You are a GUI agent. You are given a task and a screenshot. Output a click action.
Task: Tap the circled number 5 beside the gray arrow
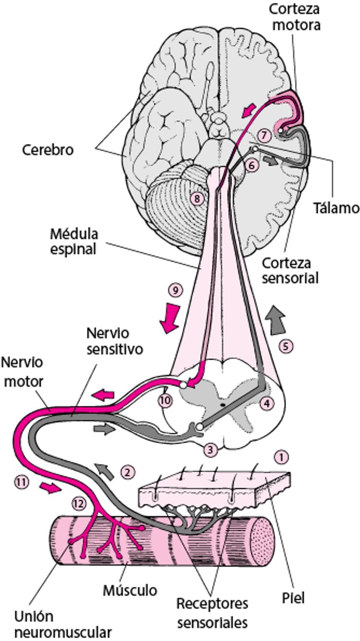click(286, 346)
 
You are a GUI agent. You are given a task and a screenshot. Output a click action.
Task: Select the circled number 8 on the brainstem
click(197, 197)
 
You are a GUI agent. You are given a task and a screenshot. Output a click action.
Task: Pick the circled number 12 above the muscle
click(79, 503)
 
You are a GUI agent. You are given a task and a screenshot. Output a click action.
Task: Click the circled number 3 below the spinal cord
click(210, 450)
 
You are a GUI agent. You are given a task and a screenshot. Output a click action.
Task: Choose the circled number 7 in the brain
click(262, 133)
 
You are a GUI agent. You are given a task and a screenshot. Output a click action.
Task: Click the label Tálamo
click(336, 208)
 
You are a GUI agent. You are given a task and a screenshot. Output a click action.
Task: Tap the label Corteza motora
click(294, 17)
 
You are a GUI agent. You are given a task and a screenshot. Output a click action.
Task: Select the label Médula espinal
click(74, 242)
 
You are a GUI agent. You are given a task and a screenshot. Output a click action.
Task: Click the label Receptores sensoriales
click(212, 613)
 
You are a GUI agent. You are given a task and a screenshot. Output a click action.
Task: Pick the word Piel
click(294, 598)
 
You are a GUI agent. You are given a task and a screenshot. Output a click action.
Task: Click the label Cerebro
click(48, 150)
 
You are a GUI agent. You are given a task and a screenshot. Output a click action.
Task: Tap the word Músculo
click(130, 590)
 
